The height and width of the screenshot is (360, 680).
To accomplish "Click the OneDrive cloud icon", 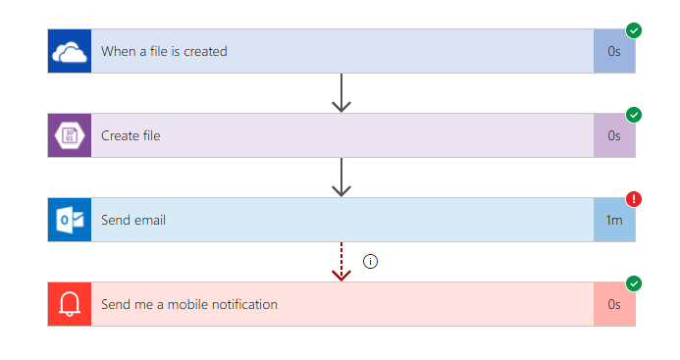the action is (70, 52).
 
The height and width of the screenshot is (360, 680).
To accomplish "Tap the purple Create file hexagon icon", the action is (70, 135).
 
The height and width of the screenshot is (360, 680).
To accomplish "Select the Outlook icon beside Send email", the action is (70, 220).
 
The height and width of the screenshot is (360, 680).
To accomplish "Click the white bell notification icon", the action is (70, 304).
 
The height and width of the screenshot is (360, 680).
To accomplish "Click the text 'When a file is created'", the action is (164, 51).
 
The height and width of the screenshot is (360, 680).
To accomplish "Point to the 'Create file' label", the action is (131, 135).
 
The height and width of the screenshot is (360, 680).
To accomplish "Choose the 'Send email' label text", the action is (133, 220).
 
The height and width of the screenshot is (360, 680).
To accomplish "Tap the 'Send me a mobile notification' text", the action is (189, 304).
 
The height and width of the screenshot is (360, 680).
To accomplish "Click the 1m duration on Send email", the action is (614, 220).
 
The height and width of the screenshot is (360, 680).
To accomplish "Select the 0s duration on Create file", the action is (614, 135).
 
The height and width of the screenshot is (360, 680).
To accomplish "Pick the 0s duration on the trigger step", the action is (614, 52).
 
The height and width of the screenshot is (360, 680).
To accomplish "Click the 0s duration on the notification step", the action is (614, 304).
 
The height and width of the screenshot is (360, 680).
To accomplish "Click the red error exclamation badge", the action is (634, 199).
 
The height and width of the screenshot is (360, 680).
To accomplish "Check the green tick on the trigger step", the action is (634, 30).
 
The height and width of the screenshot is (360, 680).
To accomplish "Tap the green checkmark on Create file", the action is (634, 115).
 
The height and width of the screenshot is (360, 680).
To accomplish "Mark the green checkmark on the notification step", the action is (634, 283).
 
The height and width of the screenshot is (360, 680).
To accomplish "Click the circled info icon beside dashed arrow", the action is (370, 261).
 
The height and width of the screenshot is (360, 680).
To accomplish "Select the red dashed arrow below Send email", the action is (341, 262).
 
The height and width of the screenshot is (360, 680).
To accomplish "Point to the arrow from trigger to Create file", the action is (341, 93).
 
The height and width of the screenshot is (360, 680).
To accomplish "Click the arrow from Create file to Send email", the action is (341, 178).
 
